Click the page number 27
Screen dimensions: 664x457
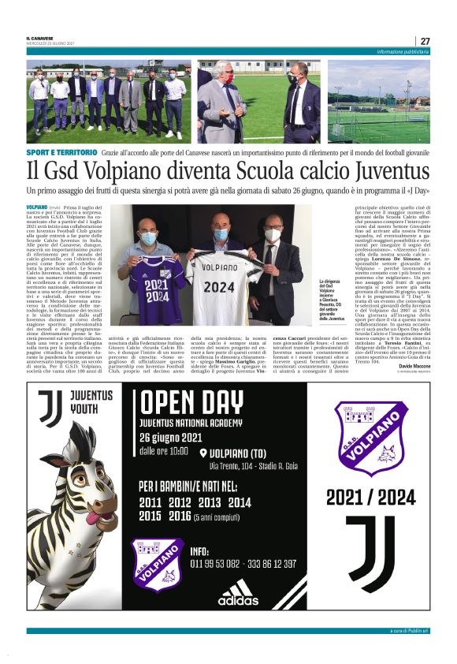[x=425, y=41]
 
